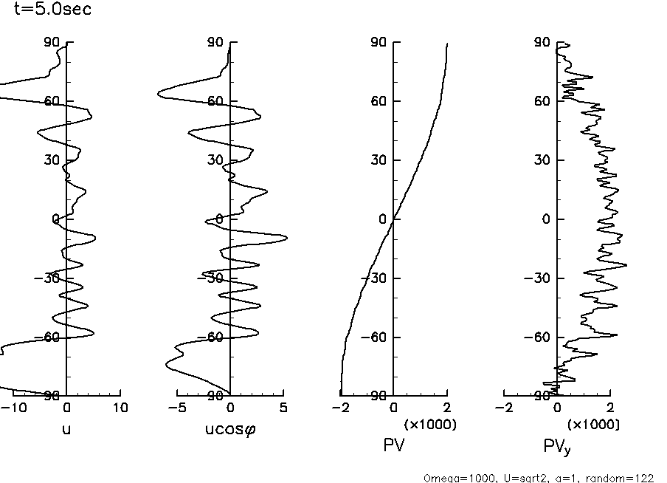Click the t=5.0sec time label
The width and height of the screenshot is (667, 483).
[x=52, y=11]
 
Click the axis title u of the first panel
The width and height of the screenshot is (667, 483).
[x=66, y=428]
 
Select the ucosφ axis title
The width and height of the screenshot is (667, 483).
[x=230, y=428]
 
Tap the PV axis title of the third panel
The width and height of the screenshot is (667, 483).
[x=393, y=445]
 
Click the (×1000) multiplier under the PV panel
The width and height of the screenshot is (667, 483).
[x=430, y=425]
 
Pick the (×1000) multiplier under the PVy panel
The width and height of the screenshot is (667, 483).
[x=593, y=425]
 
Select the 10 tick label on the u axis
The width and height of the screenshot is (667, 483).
[x=120, y=408]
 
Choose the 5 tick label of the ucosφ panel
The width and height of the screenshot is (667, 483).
[x=284, y=408]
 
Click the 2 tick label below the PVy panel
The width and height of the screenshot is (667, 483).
[x=610, y=408]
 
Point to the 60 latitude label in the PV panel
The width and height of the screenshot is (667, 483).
[x=380, y=101]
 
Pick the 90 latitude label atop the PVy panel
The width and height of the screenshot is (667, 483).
[x=543, y=42]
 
